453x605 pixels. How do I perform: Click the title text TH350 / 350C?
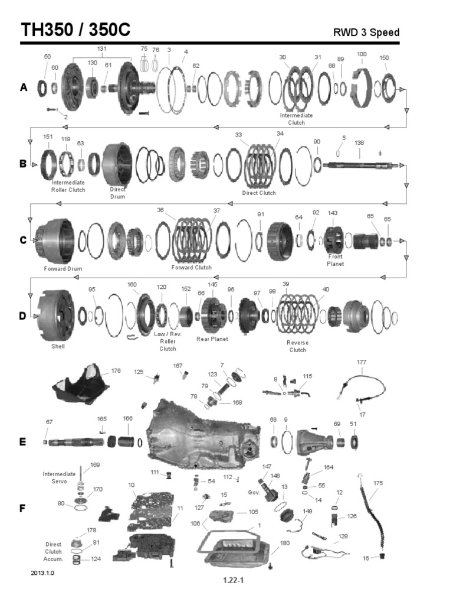click(75, 30)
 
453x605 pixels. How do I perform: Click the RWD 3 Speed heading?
click(366, 32)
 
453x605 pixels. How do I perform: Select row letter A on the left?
click(24, 87)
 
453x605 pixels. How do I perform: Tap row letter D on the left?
click(23, 316)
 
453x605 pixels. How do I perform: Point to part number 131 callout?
click(101, 48)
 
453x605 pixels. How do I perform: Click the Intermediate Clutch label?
click(296, 119)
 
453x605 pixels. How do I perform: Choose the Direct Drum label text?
click(117, 193)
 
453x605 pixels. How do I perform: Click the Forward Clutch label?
click(192, 268)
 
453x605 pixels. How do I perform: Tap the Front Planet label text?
click(335, 260)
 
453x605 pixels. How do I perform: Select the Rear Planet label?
click(212, 339)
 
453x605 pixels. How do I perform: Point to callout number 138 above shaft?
click(359, 143)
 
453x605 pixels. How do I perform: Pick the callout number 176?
click(116, 371)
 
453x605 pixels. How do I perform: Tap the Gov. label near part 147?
click(254, 493)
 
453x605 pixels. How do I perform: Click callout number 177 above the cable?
click(362, 362)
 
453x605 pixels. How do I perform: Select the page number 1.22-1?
click(234, 580)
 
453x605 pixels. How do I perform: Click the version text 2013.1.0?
click(42, 573)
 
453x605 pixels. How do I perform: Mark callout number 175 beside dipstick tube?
click(378, 483)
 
